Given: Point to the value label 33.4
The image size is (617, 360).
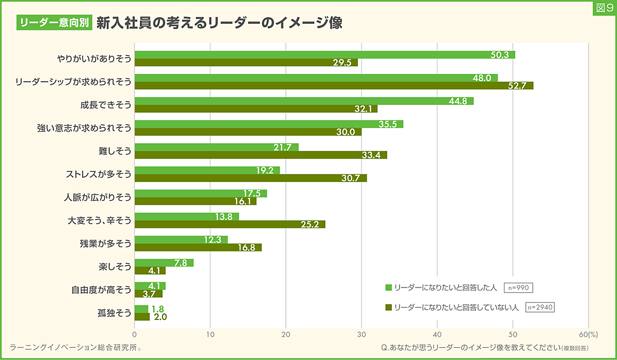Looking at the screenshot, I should [x=370, y=155].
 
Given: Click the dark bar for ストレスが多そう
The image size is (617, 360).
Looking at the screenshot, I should [x=250, y=178].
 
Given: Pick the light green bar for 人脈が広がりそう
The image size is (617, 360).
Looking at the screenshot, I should [x=201, y=193].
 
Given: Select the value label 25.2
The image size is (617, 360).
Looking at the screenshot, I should [x=309, y=225].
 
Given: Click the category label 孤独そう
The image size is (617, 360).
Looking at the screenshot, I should [x=115, y=313].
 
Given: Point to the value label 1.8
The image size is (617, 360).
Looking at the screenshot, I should [x=157, y=309].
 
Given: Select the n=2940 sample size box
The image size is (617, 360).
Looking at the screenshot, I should [x=540, y=307].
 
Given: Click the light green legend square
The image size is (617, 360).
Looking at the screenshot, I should [x=389, y=287].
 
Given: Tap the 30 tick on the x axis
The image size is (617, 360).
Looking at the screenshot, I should [x=361, y=333].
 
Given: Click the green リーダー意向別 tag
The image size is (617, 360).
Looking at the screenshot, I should [x=54, y=22].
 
